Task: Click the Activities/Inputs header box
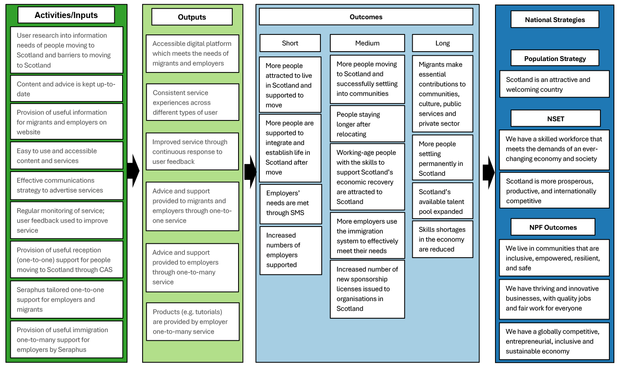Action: [x=66, y=15]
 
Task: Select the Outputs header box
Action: [x=192, y=17]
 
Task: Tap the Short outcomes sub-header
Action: [x=290, y=43]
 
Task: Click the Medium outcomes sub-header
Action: [x=367, y=43]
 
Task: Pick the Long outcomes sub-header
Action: [x=442, y=43]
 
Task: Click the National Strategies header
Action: [x=554, y=20]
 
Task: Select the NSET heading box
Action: [x=555, y=119]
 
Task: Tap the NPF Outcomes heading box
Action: [x=553, y=227]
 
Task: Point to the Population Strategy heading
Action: [x=554, y=59]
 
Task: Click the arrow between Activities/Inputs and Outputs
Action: [x=133, y=171]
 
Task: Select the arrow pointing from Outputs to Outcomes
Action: [x=250, y=172]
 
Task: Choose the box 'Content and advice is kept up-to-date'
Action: [x=66, y=89]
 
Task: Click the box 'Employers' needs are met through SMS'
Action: [x=291, y=203]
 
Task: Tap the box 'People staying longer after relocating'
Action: [x=367, y=124]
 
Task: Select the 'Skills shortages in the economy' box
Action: [x=442, y=240]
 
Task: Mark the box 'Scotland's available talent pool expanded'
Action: [x=442, y=202]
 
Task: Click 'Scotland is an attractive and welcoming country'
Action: [x=554, y=85]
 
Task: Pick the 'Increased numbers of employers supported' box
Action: [x=291, y=250]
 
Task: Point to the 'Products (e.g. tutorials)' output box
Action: [x=193, y=322]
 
